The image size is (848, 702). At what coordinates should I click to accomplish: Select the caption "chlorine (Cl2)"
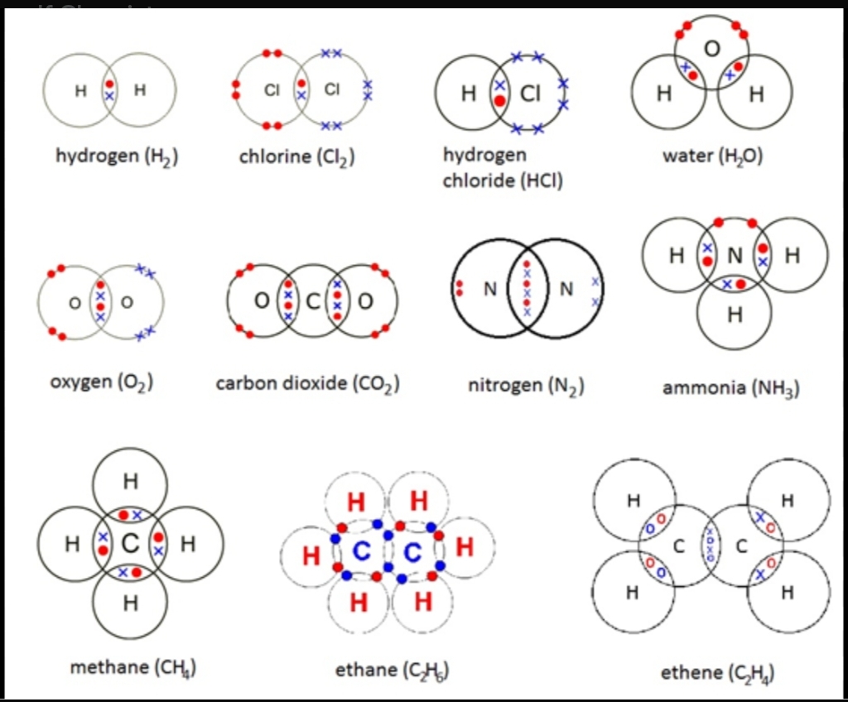pyautogui.click(x=297, y=156)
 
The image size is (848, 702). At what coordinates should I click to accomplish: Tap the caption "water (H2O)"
pyautogui.click(x=712, y=156)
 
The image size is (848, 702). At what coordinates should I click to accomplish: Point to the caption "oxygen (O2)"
pyautogui.click(x=99, y=382)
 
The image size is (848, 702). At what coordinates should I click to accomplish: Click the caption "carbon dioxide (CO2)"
pyautogui.click(x=308, y=383)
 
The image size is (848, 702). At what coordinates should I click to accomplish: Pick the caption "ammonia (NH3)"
pyautogui.click(x=731, y=387)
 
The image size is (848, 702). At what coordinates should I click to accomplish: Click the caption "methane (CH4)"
pyautogui.click(x=132, y=667)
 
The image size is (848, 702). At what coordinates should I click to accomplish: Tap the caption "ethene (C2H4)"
pyautogui.click(x=718, y=672)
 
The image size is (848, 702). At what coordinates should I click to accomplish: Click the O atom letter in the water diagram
pyautogui.click(x=711, y=49)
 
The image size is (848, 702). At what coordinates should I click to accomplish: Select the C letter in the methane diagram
pyautogui.click(x=130, y=544)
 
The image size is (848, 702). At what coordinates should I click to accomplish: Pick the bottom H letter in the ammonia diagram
pyautogui.click(x=735, y=315)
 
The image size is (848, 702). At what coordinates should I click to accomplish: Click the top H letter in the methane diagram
pyautogui.click(x=130, y=480)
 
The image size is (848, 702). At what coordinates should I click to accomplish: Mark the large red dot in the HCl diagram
pyautogui.click(x=499, y=102)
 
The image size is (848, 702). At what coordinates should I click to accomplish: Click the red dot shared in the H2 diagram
pyautogui.click(x=109, y=84)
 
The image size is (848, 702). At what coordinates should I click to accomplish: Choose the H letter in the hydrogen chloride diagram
pyautogui.click(x=469, y=94)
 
